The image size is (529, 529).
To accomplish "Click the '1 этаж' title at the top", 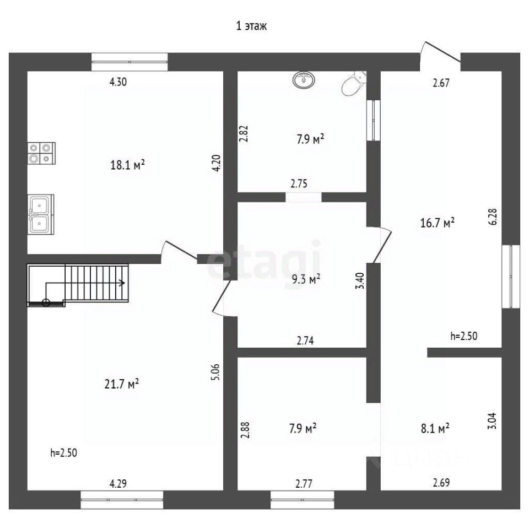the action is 252,26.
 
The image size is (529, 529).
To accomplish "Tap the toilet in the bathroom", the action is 353,83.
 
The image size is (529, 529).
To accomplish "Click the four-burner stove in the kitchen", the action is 42,153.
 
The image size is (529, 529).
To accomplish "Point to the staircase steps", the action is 97,282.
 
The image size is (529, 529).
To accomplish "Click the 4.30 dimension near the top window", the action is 118,82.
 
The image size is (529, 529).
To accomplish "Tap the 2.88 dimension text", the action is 245,430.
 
